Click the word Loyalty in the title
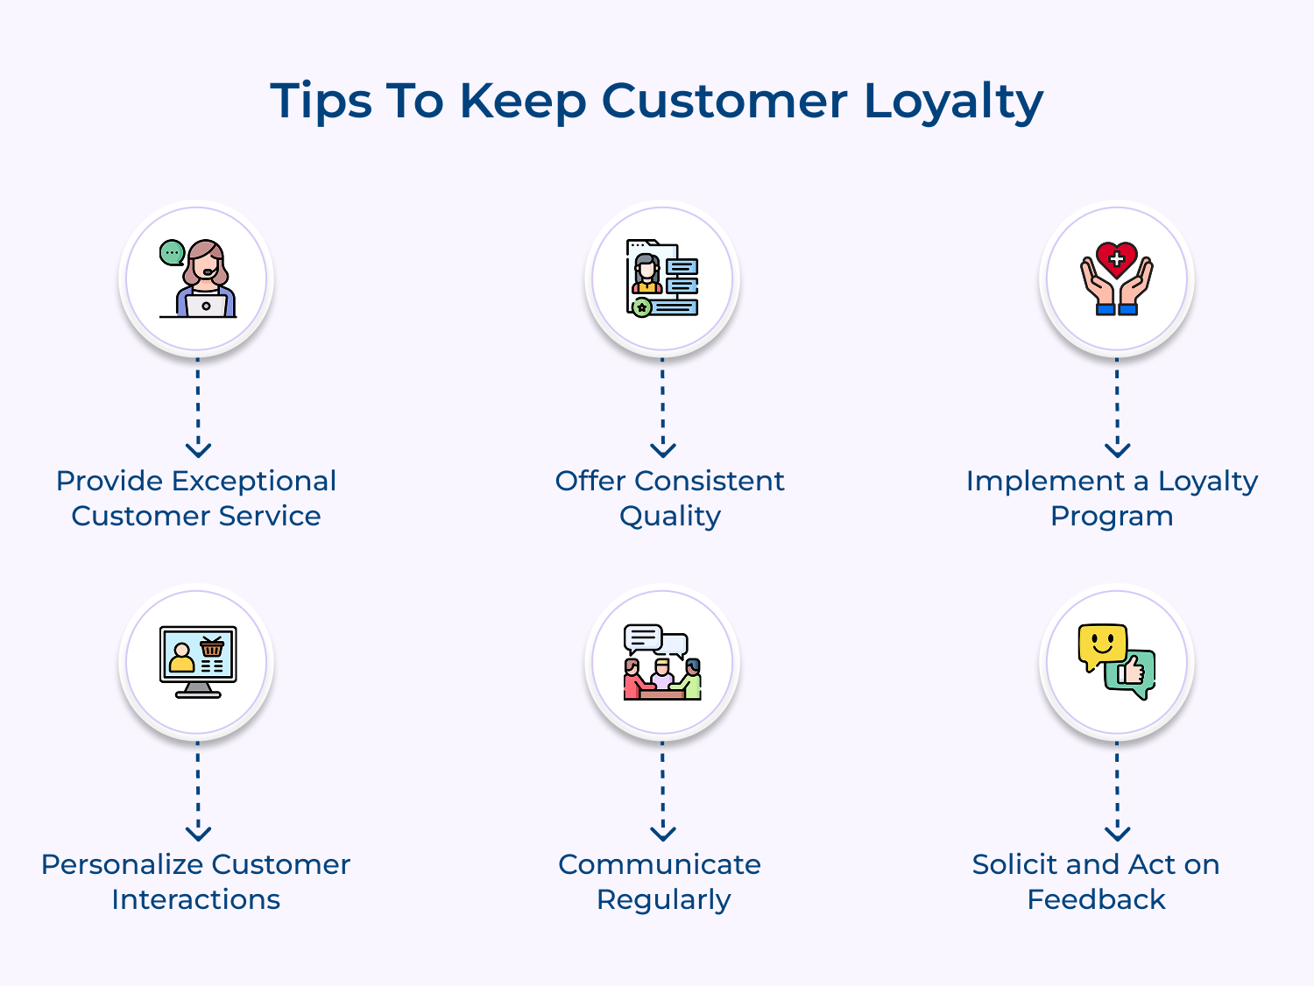pyautogui.click(x=953, y=102)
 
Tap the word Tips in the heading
pyautogui.click(x=321, y=102)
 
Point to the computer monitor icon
pyautogui.click(x=198, y=661)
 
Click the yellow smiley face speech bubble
pyautogui.click(x=1101, y=646)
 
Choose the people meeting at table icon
pyautogui.click(x=662, y=663)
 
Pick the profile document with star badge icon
pyautogui.click(x=662, y=278)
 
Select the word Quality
pyautogui.click(x=670, y=517)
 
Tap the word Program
pyautogui.click(x=1112, y=517)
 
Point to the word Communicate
pyautogui.click(x=660, y=864)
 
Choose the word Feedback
pyautogui.click(x=1096, y=899)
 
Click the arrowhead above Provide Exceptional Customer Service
pyautogui.click(x=199, y=449)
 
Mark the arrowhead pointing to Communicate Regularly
pyautogui.click(x=663, y=833)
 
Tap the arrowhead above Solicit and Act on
pyautogui.click(x=1118, y=833)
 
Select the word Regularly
pyautogui.click(x=663, y=900)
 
